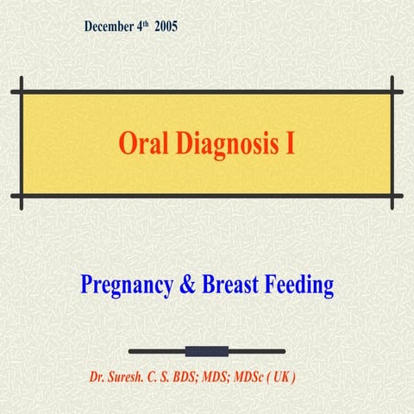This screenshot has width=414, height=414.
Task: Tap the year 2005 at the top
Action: pos(166,27)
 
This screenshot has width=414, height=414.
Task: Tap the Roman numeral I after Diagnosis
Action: pos(290,143)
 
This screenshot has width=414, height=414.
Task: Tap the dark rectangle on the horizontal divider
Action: pos(207,351)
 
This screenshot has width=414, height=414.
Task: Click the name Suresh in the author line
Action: pos(135,378)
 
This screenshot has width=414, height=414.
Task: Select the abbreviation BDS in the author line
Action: pos(195,378)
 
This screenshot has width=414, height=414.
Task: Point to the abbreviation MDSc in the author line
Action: pos(252,378)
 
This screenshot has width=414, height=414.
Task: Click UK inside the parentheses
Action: pos(288,378)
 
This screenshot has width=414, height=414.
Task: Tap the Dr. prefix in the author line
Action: pos(99,378)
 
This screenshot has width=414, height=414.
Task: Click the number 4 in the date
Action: pos(141,27)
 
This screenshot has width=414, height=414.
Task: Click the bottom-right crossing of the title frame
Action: pos(392,196)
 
